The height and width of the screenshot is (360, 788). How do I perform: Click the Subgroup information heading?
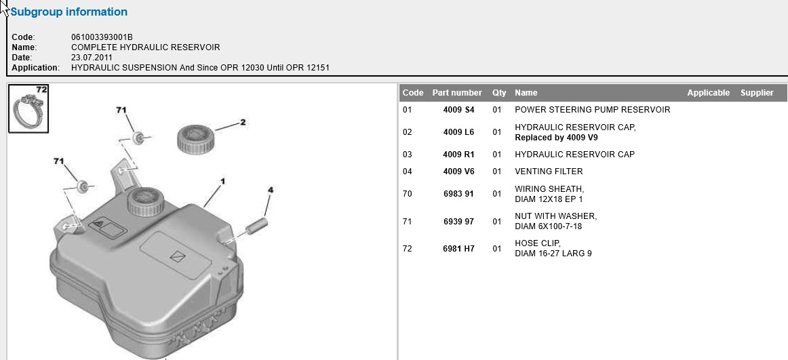click(x=69, y=12)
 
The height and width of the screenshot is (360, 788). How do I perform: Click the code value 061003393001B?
click(x=102, y=37)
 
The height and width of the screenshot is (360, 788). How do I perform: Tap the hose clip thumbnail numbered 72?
click(x=28, y=109)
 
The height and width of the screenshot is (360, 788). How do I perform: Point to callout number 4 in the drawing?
click(x=271, y=190)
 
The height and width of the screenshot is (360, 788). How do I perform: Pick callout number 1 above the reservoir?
click(x=222, y=181)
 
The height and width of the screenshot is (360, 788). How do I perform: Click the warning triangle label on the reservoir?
click(x=106, y=228)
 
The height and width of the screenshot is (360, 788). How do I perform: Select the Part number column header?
click(x=457, y=93)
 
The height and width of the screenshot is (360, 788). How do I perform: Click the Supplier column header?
click(x=757, y=93)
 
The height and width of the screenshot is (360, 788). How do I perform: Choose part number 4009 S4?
click(x=458, y=109)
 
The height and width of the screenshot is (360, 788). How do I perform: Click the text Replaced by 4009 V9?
click(x=556, y=137)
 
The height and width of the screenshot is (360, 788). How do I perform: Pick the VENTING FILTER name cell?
click(x=549, y=172)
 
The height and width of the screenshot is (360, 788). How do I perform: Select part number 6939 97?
click(x=458, y=222)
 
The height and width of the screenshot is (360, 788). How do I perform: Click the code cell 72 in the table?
click(x=408, y=248)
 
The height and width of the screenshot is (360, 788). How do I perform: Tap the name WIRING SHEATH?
click(x=550, y=189)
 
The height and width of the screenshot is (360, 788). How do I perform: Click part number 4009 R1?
click(x=458, y=154)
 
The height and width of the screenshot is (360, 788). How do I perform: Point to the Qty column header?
click(x=499, y=93)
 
